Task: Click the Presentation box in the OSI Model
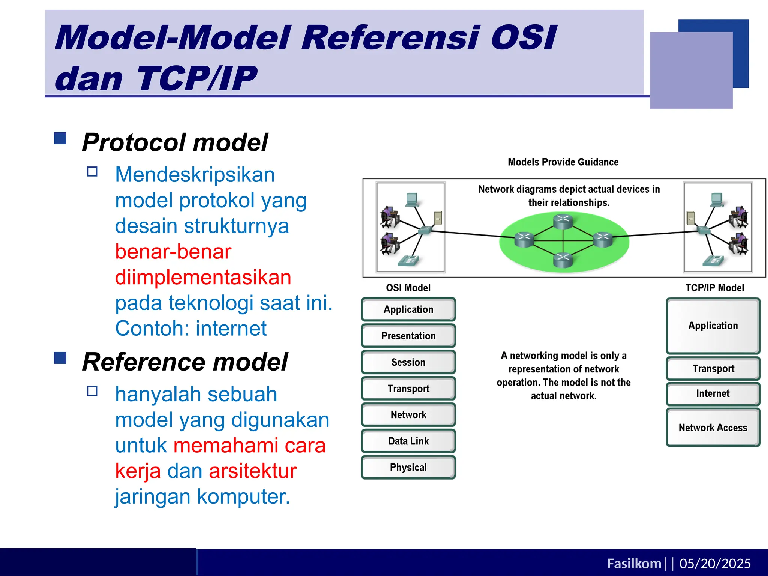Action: pyautogui.click(x=408, y=336)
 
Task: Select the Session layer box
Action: pyautogui.click(x=408, y=362)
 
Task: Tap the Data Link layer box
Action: pyautogui.click(x=408, y=441)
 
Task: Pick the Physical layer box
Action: pyautogui.click(x=408, y=467)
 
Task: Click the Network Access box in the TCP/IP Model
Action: pyautogui.click(x=713, y=427)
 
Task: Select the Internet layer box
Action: pyautogui.click(x=713, y=393)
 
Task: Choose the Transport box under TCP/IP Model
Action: pyautogui.click(x=713, y=368)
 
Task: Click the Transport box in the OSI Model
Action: pyautogui.click(x=408, y=388)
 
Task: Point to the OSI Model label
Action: pyautogui.click(x=408, y=288)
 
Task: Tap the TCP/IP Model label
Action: pyautogui.click(x=714, y=288)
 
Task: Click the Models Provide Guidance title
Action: pyautogui.click(x=563, y=162)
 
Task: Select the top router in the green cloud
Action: pyautogui.click(x=563, y=221)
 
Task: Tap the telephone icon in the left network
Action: pyautogui.click(x=408, y=260)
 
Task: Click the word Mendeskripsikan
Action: pyautogui.click(x=195, y=175)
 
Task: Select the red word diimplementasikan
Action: pyautogui.click(x=203, y=277)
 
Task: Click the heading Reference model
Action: pyautogui.click(x=185, y=362)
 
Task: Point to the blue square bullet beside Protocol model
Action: pyautogui.click(x=60, y=138)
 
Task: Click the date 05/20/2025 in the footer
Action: pyautogui.click(x=715, y=563)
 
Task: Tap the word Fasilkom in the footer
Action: pyautogui.click(x=634, y=563)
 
